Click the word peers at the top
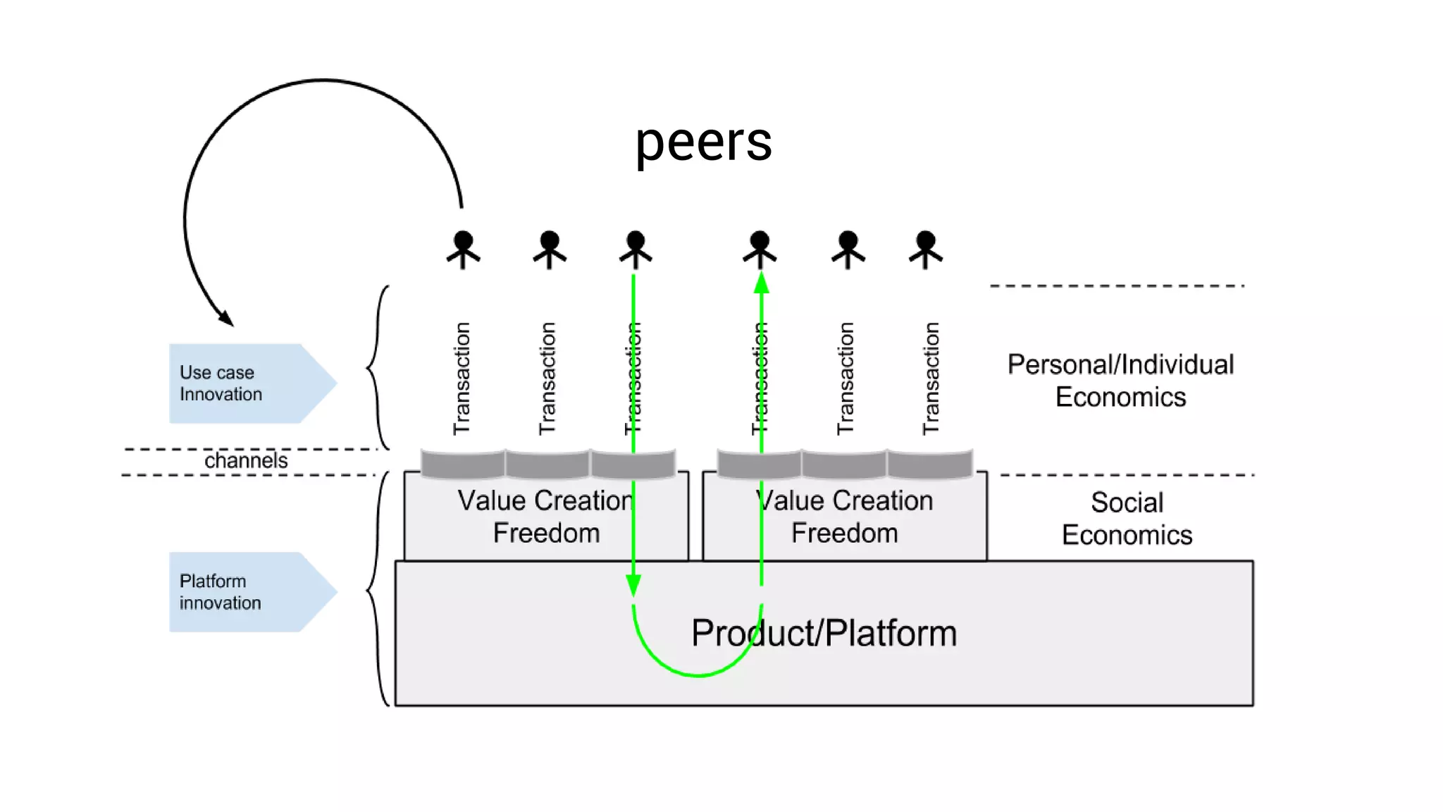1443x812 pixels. coord(703,143)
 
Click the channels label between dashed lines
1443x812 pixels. coord(246,461)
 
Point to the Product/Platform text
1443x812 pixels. coord(823,633)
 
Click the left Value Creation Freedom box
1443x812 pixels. coord(545,517)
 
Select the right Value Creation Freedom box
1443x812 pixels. coord(844,517)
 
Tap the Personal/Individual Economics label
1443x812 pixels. coord(1120,381)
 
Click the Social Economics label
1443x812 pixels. coord(1127,519)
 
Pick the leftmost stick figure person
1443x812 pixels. coord(463,250)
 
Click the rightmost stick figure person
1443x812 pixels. coord(926,250)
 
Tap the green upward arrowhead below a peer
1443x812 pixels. coord(761,283)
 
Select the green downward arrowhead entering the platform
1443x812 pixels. coord(633,585)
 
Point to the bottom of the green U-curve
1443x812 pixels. coord(698,675)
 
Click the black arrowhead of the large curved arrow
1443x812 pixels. coord(226,318)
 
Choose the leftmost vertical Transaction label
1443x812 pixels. coord(462,379)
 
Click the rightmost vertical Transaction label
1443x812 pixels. coord(931,379)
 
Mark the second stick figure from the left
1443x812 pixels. coord(550,250)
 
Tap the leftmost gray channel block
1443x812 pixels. coord(463,464)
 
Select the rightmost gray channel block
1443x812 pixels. coord(930,464)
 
